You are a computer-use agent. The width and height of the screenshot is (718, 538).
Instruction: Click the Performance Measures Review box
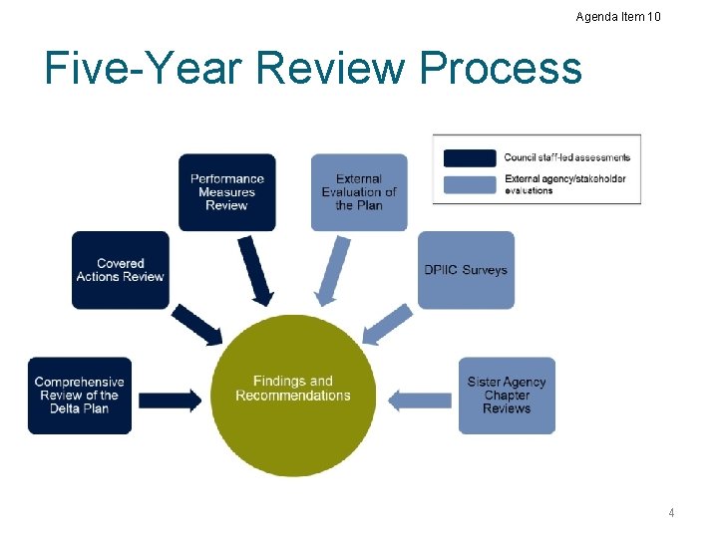click(226, 192)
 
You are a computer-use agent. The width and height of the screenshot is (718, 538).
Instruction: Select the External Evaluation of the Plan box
click(359, 192)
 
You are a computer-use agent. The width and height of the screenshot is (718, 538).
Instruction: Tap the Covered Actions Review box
click(120, 270)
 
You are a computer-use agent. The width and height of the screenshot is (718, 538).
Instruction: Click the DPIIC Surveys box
click(466, 270)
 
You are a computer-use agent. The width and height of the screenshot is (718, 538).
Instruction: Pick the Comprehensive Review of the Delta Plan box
click(80, 396)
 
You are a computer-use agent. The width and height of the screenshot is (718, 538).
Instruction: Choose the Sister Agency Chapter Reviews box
click(507, 396)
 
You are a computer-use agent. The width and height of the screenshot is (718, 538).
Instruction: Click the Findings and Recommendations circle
click(293, 393)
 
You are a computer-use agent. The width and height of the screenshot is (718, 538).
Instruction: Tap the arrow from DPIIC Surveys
click(387, 325)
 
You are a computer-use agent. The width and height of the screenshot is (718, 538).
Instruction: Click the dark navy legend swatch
click(469, 157)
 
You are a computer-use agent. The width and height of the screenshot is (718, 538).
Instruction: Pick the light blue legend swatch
click(469, 183)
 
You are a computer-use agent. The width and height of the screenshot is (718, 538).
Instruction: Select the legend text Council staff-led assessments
click(566, 157)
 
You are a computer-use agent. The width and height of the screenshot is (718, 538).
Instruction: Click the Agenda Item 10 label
click(617, 16)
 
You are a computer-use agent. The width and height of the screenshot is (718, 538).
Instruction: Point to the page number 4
click(671, 513)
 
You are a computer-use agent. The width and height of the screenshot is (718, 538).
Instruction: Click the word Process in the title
click(501, 68)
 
